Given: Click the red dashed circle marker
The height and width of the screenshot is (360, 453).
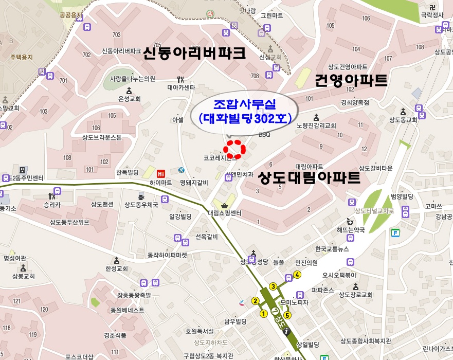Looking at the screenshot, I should (x=236, y=149).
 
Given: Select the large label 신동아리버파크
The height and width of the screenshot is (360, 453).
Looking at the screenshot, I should (x=194, y=53).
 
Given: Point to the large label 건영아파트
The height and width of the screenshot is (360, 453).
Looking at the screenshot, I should (x=351, y=80).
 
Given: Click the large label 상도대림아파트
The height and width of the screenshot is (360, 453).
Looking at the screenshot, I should (x=309, y=178).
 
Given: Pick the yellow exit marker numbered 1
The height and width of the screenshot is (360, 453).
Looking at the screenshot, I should (x=264, y=313).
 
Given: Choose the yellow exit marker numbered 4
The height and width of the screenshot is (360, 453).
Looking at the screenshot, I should (x=297, y=275).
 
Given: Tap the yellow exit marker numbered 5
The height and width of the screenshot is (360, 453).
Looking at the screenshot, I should (x=287, y=315).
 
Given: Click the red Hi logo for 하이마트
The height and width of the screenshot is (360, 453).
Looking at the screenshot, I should (x=161, y=173).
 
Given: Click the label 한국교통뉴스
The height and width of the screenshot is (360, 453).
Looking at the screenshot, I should (x=332, y=249).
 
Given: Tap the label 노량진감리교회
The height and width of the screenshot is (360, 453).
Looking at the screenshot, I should (x=316, y=125).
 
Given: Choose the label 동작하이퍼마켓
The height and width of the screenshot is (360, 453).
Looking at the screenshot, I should (x=167, y=255).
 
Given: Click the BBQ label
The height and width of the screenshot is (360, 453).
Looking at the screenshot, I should (x=264, y=135).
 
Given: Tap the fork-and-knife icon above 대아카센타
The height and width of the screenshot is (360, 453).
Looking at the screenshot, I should (x=180, y=79).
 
